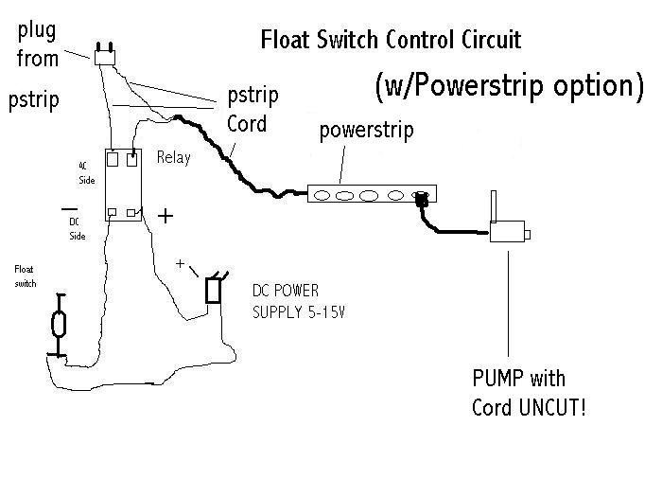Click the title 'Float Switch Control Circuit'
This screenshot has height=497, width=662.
click(391, 41)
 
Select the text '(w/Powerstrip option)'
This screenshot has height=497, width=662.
click(509, 85)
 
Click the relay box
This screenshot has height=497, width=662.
click(124, 185)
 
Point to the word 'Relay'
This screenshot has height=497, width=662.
click(173, 157)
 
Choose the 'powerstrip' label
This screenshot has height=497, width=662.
click(366, 130)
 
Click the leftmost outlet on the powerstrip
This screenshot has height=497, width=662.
click(322, 197)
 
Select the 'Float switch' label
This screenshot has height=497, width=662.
click(25, 275)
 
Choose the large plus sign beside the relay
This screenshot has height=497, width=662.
click(165, 216)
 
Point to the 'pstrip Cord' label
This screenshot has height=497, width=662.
click(248, 110)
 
